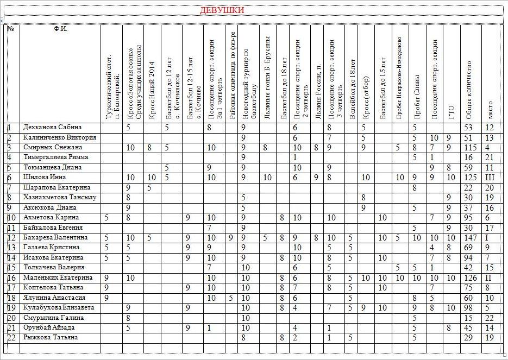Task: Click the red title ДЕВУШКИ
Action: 222,10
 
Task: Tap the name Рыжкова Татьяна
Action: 51,337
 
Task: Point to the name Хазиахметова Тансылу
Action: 60,197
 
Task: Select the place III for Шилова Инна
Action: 490,177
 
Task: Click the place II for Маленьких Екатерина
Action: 489,277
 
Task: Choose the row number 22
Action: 11,337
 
